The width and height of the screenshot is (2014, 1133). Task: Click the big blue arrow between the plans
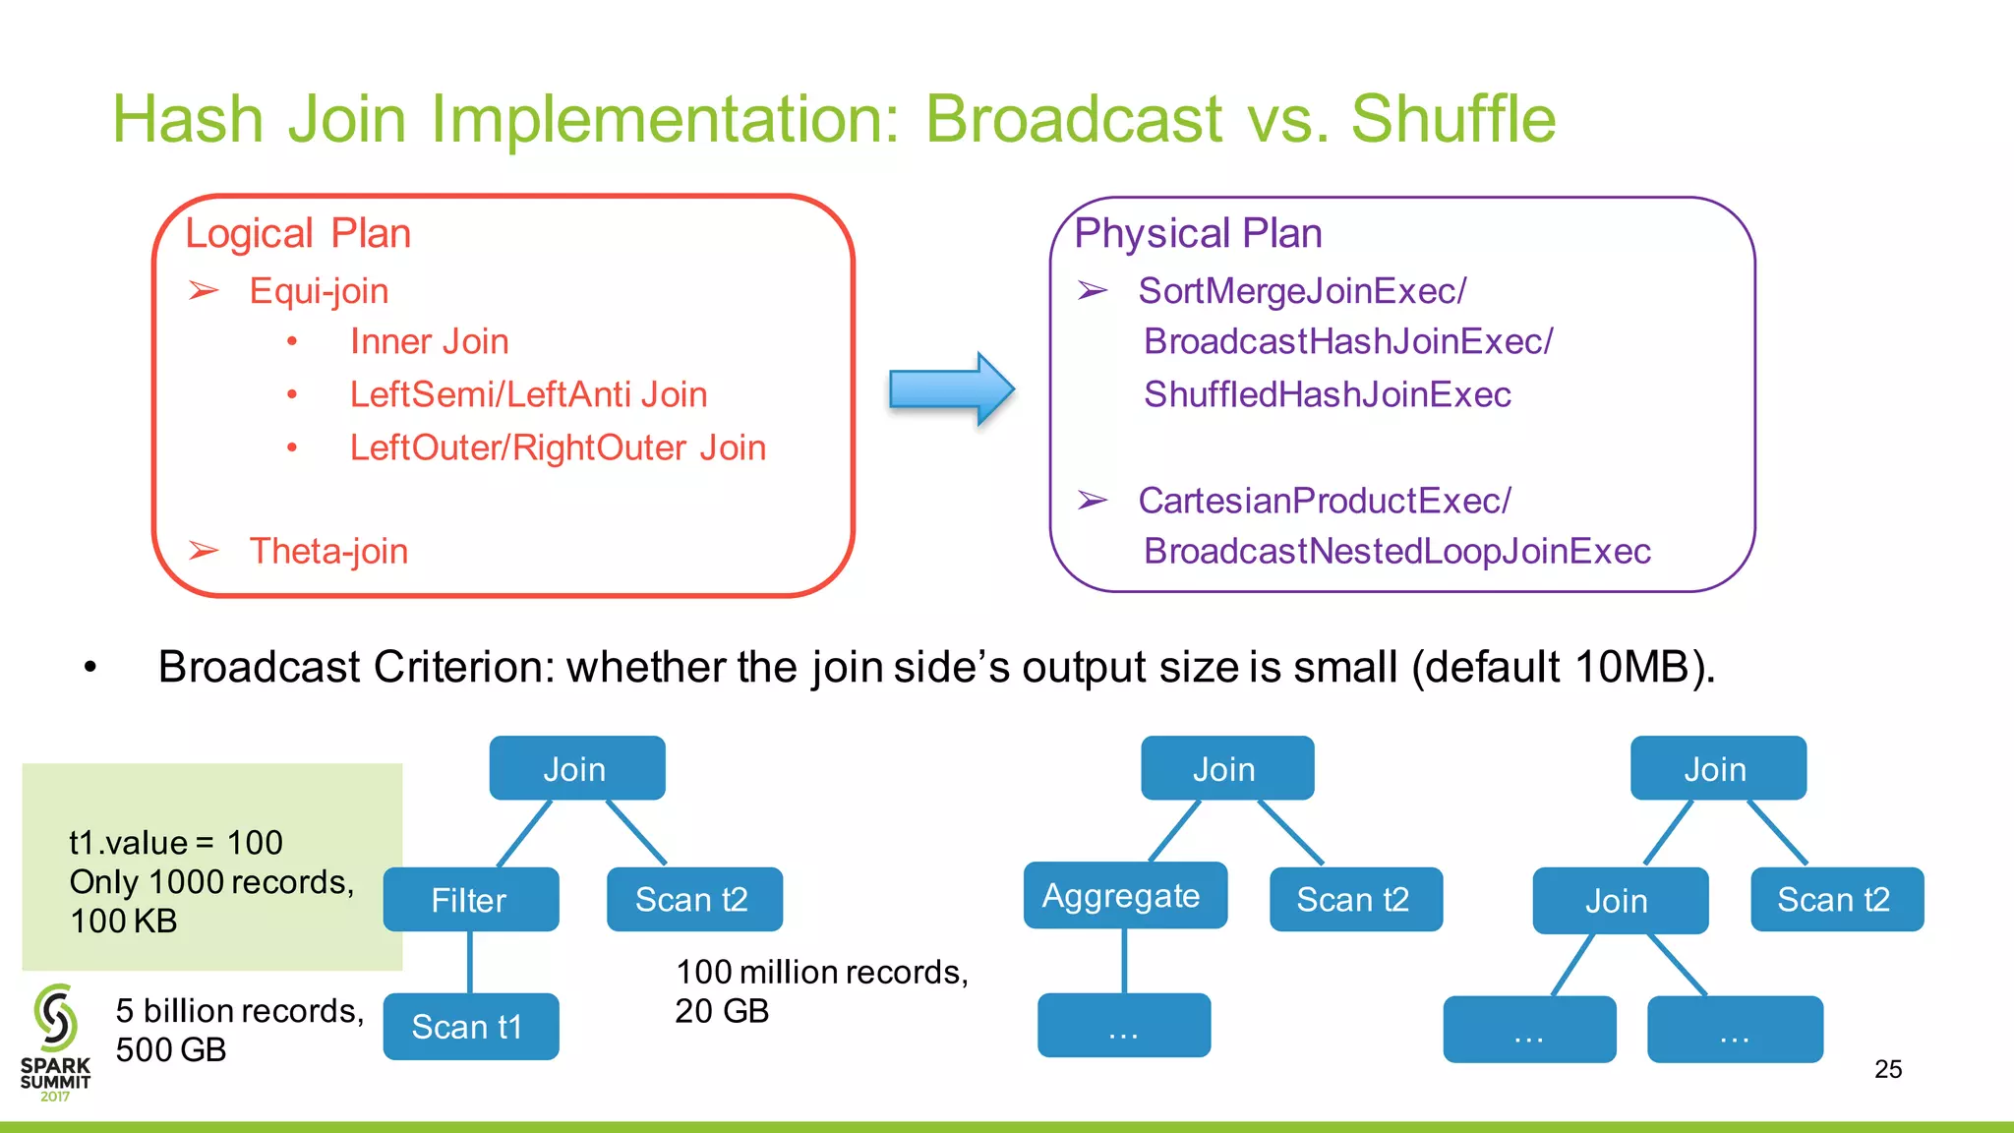[x=950, y=388]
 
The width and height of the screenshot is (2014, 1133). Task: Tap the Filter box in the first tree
[x=470, y=900]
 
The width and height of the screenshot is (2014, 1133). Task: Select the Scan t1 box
[x=470, y=1027]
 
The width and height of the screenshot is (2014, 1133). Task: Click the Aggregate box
[x=1124, y=896]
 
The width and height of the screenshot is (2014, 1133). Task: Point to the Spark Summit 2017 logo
[x=55, y=1043]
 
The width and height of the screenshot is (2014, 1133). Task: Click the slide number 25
[x=1887, y=1069]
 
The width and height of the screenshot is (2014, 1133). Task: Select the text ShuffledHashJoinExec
[x=1327, y=394]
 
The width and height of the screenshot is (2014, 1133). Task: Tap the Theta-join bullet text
[x=328, y=551]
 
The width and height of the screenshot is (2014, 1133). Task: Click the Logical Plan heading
[x=298, y=234]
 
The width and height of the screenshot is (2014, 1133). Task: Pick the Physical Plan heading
[x=1198, y=234]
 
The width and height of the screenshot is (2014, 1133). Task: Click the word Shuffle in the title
[x=1452, y=119]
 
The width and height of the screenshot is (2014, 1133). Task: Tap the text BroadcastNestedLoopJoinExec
[x=1396, y=551]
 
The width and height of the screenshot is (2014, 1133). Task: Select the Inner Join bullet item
[x=429, y=341]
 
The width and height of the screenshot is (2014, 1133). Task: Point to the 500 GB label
[x=171, y=1049]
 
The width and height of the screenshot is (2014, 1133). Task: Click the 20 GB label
[x=722, y=1011]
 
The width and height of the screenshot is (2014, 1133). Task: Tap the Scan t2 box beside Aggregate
[x=1354, y=900]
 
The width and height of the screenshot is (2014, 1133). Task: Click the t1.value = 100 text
[x=176, y=843]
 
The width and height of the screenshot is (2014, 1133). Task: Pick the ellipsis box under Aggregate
[x=1123, y=1026]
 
